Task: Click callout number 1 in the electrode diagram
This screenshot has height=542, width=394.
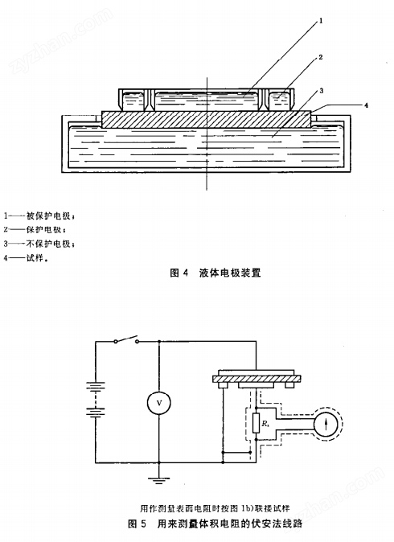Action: click(x=320, y=22)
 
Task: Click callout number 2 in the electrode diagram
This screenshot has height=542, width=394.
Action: click(x=320, y=58)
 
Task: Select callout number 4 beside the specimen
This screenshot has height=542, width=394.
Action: click(x=367, y=105)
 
